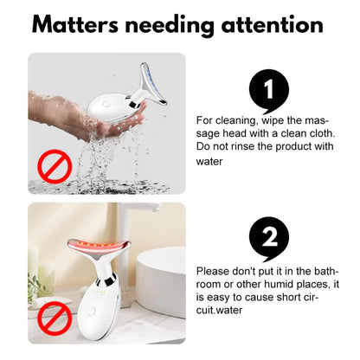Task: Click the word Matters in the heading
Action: (x=75, y=24)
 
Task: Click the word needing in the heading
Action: (x=170, y=26)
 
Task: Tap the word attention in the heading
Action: (x=272, y=25)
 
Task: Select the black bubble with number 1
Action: (x=269, y=91)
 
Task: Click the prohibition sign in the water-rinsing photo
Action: (x=55, y=166)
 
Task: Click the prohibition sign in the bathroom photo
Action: (x=55, y=318)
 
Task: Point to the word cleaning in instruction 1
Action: (x=235, y=120)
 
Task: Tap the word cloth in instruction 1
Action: (x=323, y=133)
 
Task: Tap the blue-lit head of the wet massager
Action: (x=154, y=83)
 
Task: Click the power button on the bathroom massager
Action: (x=91, y=311)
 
